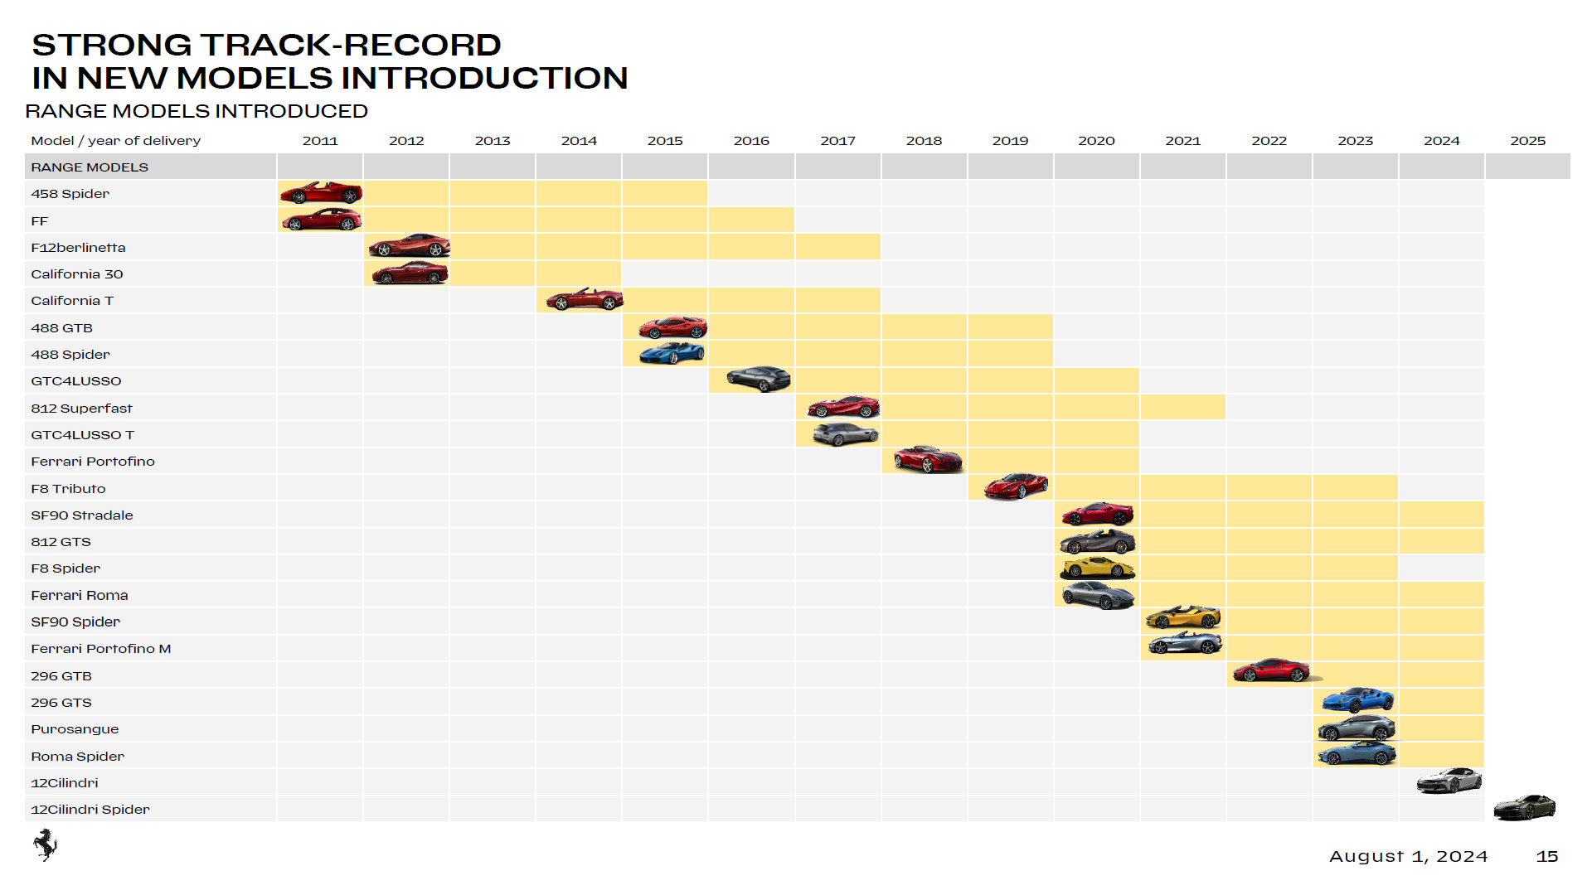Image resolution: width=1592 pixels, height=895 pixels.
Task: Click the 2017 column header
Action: point(837,141)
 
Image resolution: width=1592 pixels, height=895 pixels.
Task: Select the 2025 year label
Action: point(1527,141)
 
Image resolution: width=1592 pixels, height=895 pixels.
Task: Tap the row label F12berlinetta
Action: point(78,248)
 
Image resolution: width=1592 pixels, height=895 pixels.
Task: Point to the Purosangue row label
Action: point(75,729)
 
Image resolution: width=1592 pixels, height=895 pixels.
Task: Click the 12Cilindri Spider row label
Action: point(90,810)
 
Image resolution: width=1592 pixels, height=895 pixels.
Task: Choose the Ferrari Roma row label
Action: point(80,595)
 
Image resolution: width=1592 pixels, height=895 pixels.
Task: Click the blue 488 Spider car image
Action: point(672,354)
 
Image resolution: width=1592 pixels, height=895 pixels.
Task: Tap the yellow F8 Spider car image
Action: point(1097,568)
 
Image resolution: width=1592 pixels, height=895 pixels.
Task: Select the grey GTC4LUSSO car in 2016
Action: point(758,380)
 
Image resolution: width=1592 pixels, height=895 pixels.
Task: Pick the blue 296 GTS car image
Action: point(1357,700)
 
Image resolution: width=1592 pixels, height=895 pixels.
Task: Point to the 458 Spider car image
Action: point(321,193)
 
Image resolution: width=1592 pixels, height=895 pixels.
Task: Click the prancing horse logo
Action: point(45,844)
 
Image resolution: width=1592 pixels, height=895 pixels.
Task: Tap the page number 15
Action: point(1546,857)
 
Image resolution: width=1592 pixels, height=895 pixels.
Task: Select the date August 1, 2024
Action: point(1408,857)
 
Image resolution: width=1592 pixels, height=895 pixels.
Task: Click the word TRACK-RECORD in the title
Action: point(350,45)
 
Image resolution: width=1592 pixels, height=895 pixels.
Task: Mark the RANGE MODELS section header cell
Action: point(90,167)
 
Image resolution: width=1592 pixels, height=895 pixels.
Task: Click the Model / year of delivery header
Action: point(116,141)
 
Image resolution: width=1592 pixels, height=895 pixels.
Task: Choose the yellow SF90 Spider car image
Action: point(1182,617)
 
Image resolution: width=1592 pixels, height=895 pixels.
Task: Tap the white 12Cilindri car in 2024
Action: point(1449,781)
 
